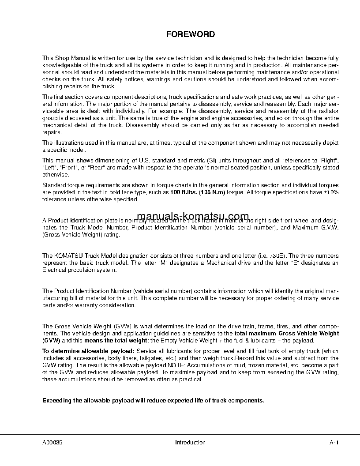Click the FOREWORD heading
coord(191,34)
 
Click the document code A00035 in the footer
coord(52,442)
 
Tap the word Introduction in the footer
coord(190,442)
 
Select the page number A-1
coord(334,442)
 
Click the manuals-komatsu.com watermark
coord(193,216)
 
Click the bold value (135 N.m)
coord(211,192)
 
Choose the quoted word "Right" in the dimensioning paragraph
coord(329,161)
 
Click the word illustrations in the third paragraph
coord(67,143)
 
